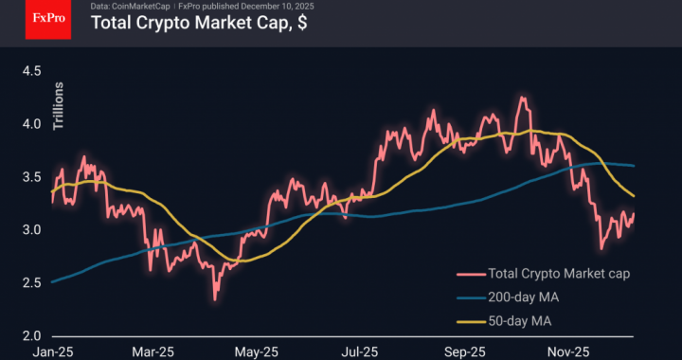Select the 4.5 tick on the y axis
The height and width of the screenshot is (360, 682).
coord(32,70)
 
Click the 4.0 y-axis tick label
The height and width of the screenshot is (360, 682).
coord(32,123)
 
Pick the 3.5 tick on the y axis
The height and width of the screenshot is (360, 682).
coord(32,176)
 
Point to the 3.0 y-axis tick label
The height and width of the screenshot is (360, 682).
coord(32,229)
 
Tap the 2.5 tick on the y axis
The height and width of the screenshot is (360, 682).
coord(32,282)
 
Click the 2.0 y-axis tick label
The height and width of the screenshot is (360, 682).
coord(32,336)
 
